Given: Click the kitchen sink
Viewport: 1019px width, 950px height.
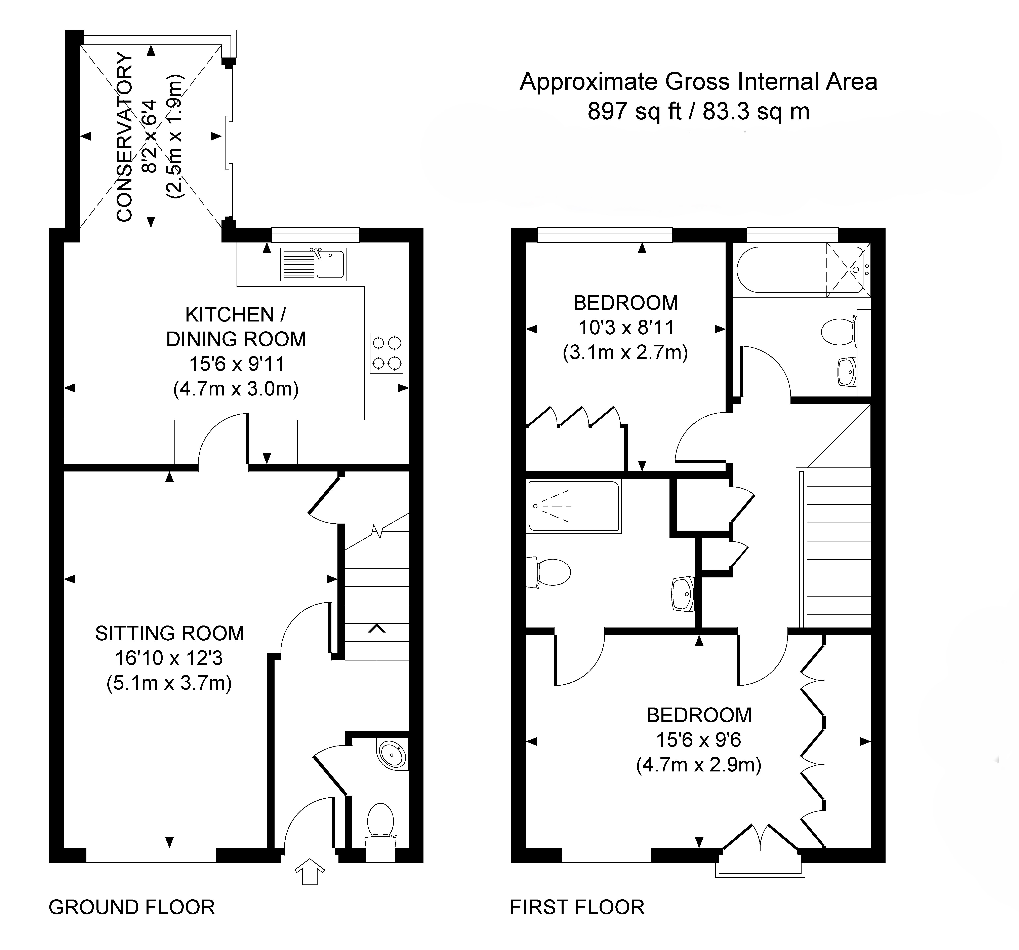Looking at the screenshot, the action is (x=314, y=264).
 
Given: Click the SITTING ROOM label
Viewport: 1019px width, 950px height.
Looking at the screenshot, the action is (x=170, y=634).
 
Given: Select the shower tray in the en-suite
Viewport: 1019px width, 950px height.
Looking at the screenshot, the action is (x=574, y=506).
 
